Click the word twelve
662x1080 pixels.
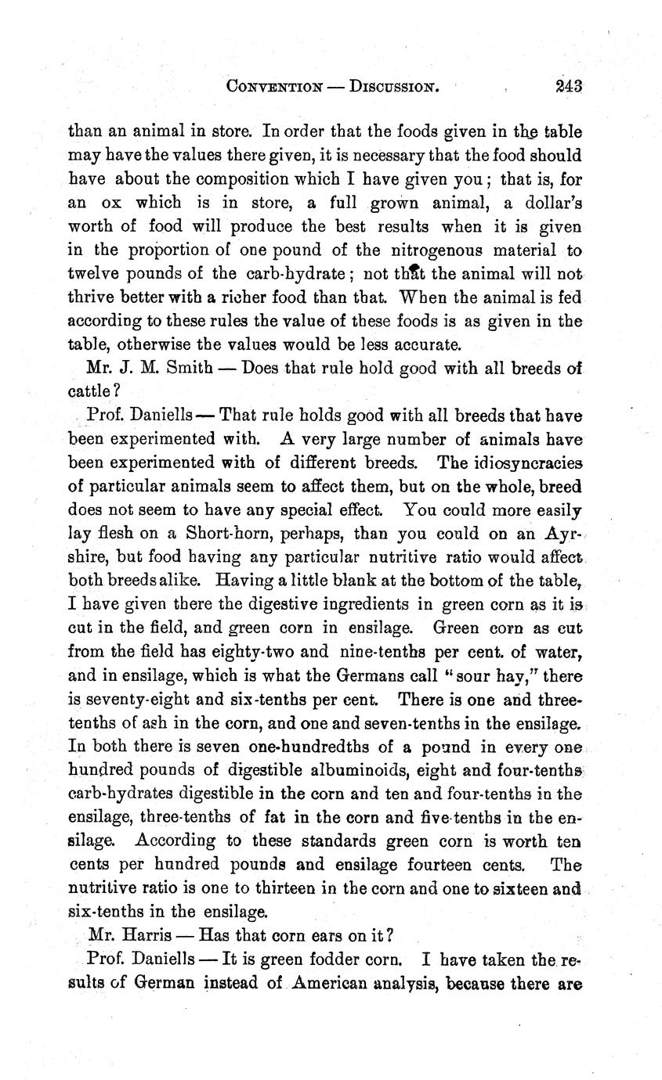[92, 274]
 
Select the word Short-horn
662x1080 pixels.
[228, 534]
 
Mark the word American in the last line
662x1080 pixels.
[333, 983]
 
